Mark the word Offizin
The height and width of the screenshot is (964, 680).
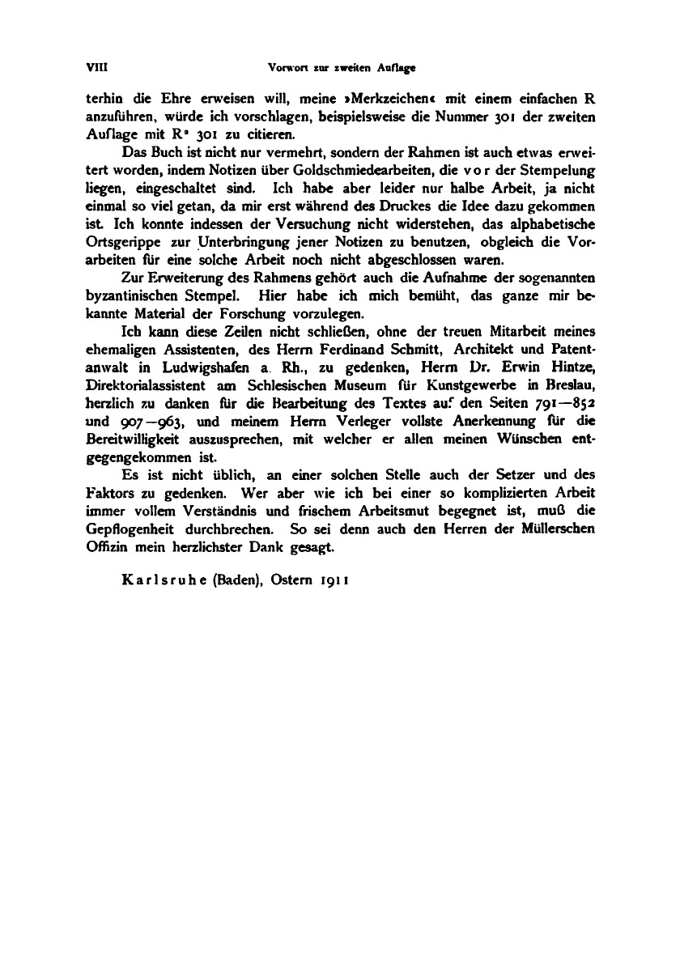(x=104, y=546)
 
